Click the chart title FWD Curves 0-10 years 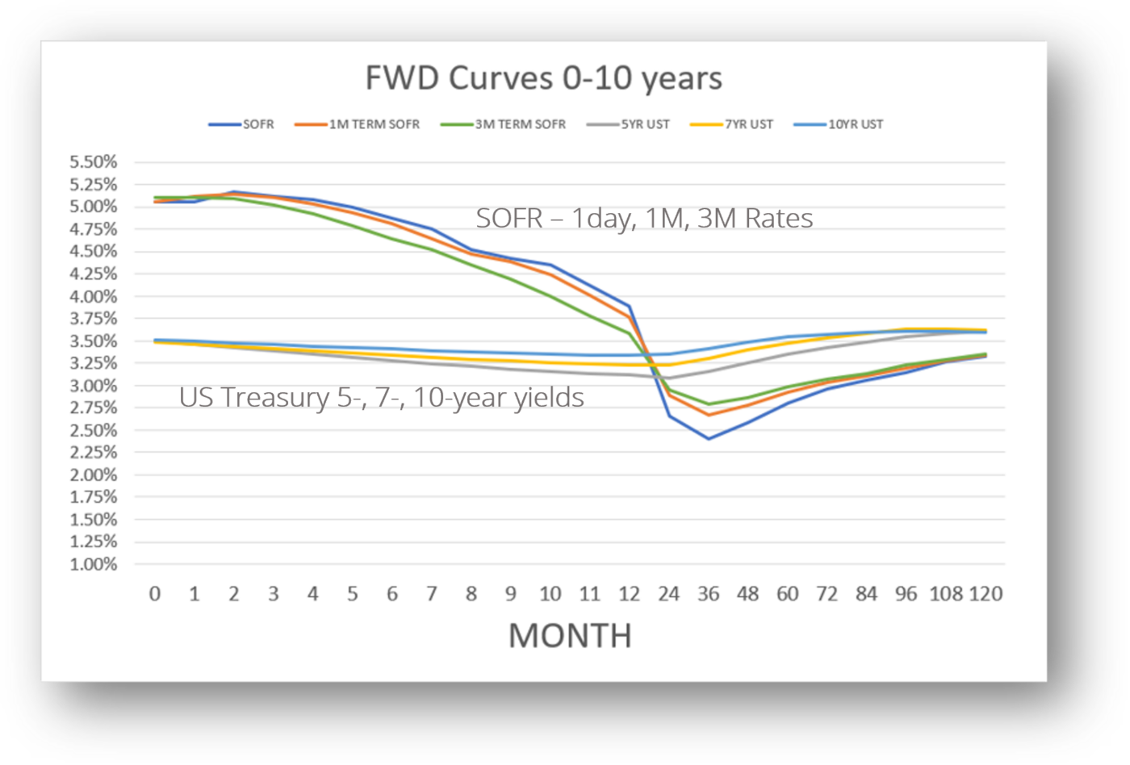click(x=543, y=78)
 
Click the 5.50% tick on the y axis click(x=94, y=162)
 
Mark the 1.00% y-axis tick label click(x=94, y=564)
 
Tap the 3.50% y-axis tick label click(x=94, y=341)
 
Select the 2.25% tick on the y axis click(x=94, y=453)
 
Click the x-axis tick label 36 click(x=708, y=594)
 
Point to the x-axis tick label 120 click(x=985, y=594)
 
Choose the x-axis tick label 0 click(x=154, y=594)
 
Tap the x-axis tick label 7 click(x=431, y=594)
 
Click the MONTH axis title click(x=570, y=636)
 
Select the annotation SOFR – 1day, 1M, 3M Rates click(x=644, y=218)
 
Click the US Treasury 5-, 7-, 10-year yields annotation click(x=381, y=397)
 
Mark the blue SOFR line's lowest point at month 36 click(x=708, y=438)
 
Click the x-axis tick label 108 click(x=946, y=594)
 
